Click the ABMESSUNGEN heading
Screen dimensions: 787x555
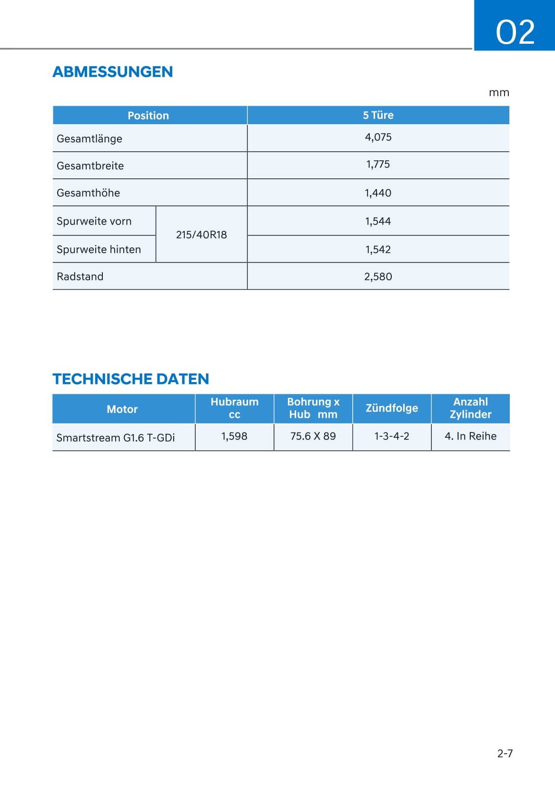tap(112, 72)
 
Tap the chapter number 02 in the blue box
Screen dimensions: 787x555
tap(515, 32)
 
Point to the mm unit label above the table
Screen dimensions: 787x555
tap(499, 93)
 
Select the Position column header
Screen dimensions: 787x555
tap(148, 116)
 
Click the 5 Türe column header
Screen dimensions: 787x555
tap(378, 115)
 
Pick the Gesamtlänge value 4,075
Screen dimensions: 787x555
tap(378, 138)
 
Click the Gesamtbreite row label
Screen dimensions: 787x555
tap(90, 166)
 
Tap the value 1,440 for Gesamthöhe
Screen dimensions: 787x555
tap(378, 193)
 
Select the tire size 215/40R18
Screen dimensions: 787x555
tap(201, 235)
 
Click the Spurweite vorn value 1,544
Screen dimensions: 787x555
tap(378, 221)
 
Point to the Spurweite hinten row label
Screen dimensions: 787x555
tap(99, 249)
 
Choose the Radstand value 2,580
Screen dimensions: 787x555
tap(378, 276)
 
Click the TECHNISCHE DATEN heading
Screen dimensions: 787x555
tap(130, 379)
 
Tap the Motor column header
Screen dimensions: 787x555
tap(122, 409)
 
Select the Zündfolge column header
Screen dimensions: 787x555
tap(392, 408)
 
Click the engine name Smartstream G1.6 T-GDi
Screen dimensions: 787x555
tap(115, 438)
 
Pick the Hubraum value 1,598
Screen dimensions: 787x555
tap(234, 436)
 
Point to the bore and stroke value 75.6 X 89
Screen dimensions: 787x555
tap(313, 436)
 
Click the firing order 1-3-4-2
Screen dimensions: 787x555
tap(392, 436)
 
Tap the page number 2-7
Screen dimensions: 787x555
tap(505, 753)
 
